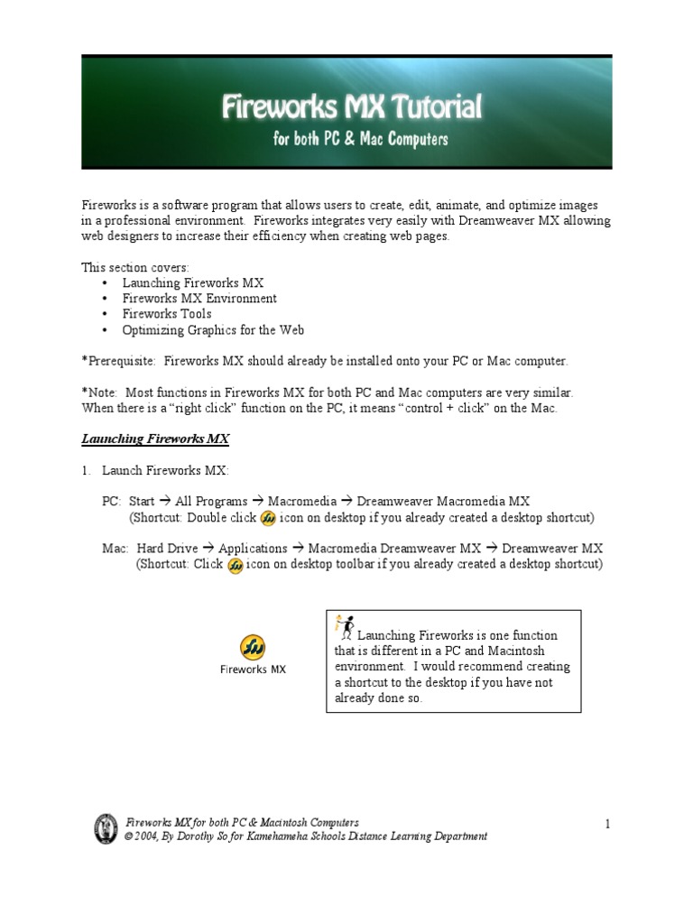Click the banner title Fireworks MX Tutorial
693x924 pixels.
[352, 109]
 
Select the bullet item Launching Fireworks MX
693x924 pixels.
[193, 283]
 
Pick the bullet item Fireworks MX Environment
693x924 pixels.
[199, 299]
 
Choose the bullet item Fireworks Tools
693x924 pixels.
[167, 314]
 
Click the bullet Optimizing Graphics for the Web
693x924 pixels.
[213, 330]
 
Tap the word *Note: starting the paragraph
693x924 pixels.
[99, 393]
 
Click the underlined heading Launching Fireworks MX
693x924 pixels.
[155, 439]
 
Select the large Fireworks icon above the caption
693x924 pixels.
[253, 647]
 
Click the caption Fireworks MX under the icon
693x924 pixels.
[253, 670]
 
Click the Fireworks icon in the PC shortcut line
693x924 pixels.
[268, 519]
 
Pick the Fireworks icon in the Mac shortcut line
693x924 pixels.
[235, 565]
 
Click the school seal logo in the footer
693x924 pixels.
[106, 828]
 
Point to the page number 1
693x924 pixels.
[608, 823]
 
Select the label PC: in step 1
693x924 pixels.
[112, 502]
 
